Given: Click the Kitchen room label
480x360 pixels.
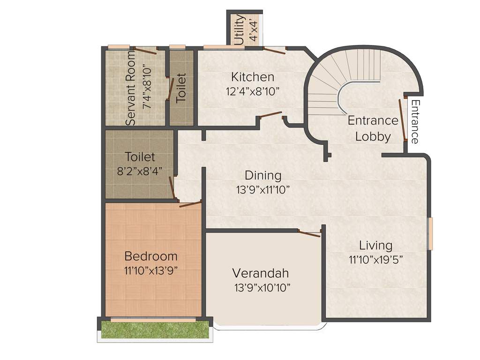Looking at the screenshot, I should [253, 77].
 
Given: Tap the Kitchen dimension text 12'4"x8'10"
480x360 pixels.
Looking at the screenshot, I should [253, 91].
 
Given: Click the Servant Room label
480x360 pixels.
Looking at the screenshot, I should [131, 88].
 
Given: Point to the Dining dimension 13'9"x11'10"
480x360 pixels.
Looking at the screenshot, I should [263, 190].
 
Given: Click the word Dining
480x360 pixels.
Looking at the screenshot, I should [263, 176].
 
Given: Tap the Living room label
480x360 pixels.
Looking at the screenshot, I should [375, 245].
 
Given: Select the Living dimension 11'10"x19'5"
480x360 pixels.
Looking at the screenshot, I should [375, 259].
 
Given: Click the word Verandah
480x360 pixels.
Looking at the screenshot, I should [261, 273].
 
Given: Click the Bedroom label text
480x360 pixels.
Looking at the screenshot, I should [151, 256].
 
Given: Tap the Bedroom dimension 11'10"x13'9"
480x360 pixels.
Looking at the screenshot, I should [151, 270].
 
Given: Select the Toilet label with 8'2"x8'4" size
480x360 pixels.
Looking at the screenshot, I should [140, 157].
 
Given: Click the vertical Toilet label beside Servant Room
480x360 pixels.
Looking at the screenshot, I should [181, 88].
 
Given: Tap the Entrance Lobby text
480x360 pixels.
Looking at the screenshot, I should [373, 128].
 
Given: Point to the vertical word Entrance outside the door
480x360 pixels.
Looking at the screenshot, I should [415, 121].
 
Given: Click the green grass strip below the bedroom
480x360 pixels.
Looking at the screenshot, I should [155, 330].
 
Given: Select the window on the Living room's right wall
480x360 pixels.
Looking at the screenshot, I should [429, 233].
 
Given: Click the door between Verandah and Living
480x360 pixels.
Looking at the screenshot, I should [309, 232].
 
